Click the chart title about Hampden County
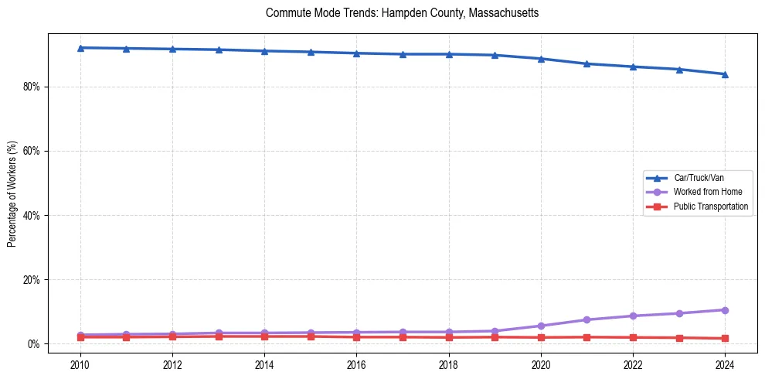pos(402,13)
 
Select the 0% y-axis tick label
pos(33,343)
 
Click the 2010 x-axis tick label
pos(80,364)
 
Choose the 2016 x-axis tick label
pos(356,364)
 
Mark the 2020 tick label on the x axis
pos(541,364)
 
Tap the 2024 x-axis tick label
pos(725,364)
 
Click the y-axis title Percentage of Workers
pos(12,193)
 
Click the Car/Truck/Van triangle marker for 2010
pos(80,48)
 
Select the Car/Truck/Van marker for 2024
pos(725,74)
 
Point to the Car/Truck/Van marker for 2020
pos(541,59)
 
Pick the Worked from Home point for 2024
pos(725,310)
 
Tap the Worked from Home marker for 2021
pos(586,319)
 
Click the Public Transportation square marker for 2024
pos(725,338)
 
